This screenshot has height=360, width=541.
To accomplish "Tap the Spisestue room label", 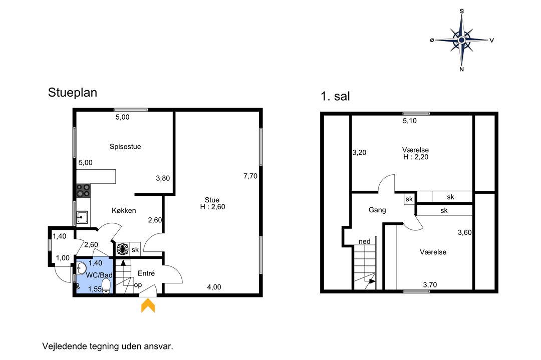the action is pos(125,147).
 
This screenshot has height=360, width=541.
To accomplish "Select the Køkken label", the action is pos(124,210).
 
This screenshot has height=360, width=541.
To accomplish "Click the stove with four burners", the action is pos(83,191).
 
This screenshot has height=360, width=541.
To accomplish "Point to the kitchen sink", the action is pos(82,217).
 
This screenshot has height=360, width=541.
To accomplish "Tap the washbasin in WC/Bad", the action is pos(81,268).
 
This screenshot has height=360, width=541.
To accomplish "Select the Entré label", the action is pos(146,273).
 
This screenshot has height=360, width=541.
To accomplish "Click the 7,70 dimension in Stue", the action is pos(250,176).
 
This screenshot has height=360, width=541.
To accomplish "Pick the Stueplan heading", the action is pos(73,93).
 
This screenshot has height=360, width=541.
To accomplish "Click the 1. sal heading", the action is pos(335,96).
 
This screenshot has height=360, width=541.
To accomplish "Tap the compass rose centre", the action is pos(462,40).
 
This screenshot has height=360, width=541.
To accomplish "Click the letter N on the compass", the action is pos(462,69).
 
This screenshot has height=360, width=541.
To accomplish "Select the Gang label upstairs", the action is pos(377,210).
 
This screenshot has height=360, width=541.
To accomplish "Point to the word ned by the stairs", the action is pos(364,241).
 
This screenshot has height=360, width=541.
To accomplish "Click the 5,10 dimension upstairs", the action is pos(410,121).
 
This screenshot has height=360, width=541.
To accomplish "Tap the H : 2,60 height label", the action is pos(212,207).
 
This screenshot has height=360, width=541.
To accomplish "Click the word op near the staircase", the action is pos(138,285).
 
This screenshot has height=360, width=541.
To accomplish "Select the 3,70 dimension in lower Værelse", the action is pos(430,285).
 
